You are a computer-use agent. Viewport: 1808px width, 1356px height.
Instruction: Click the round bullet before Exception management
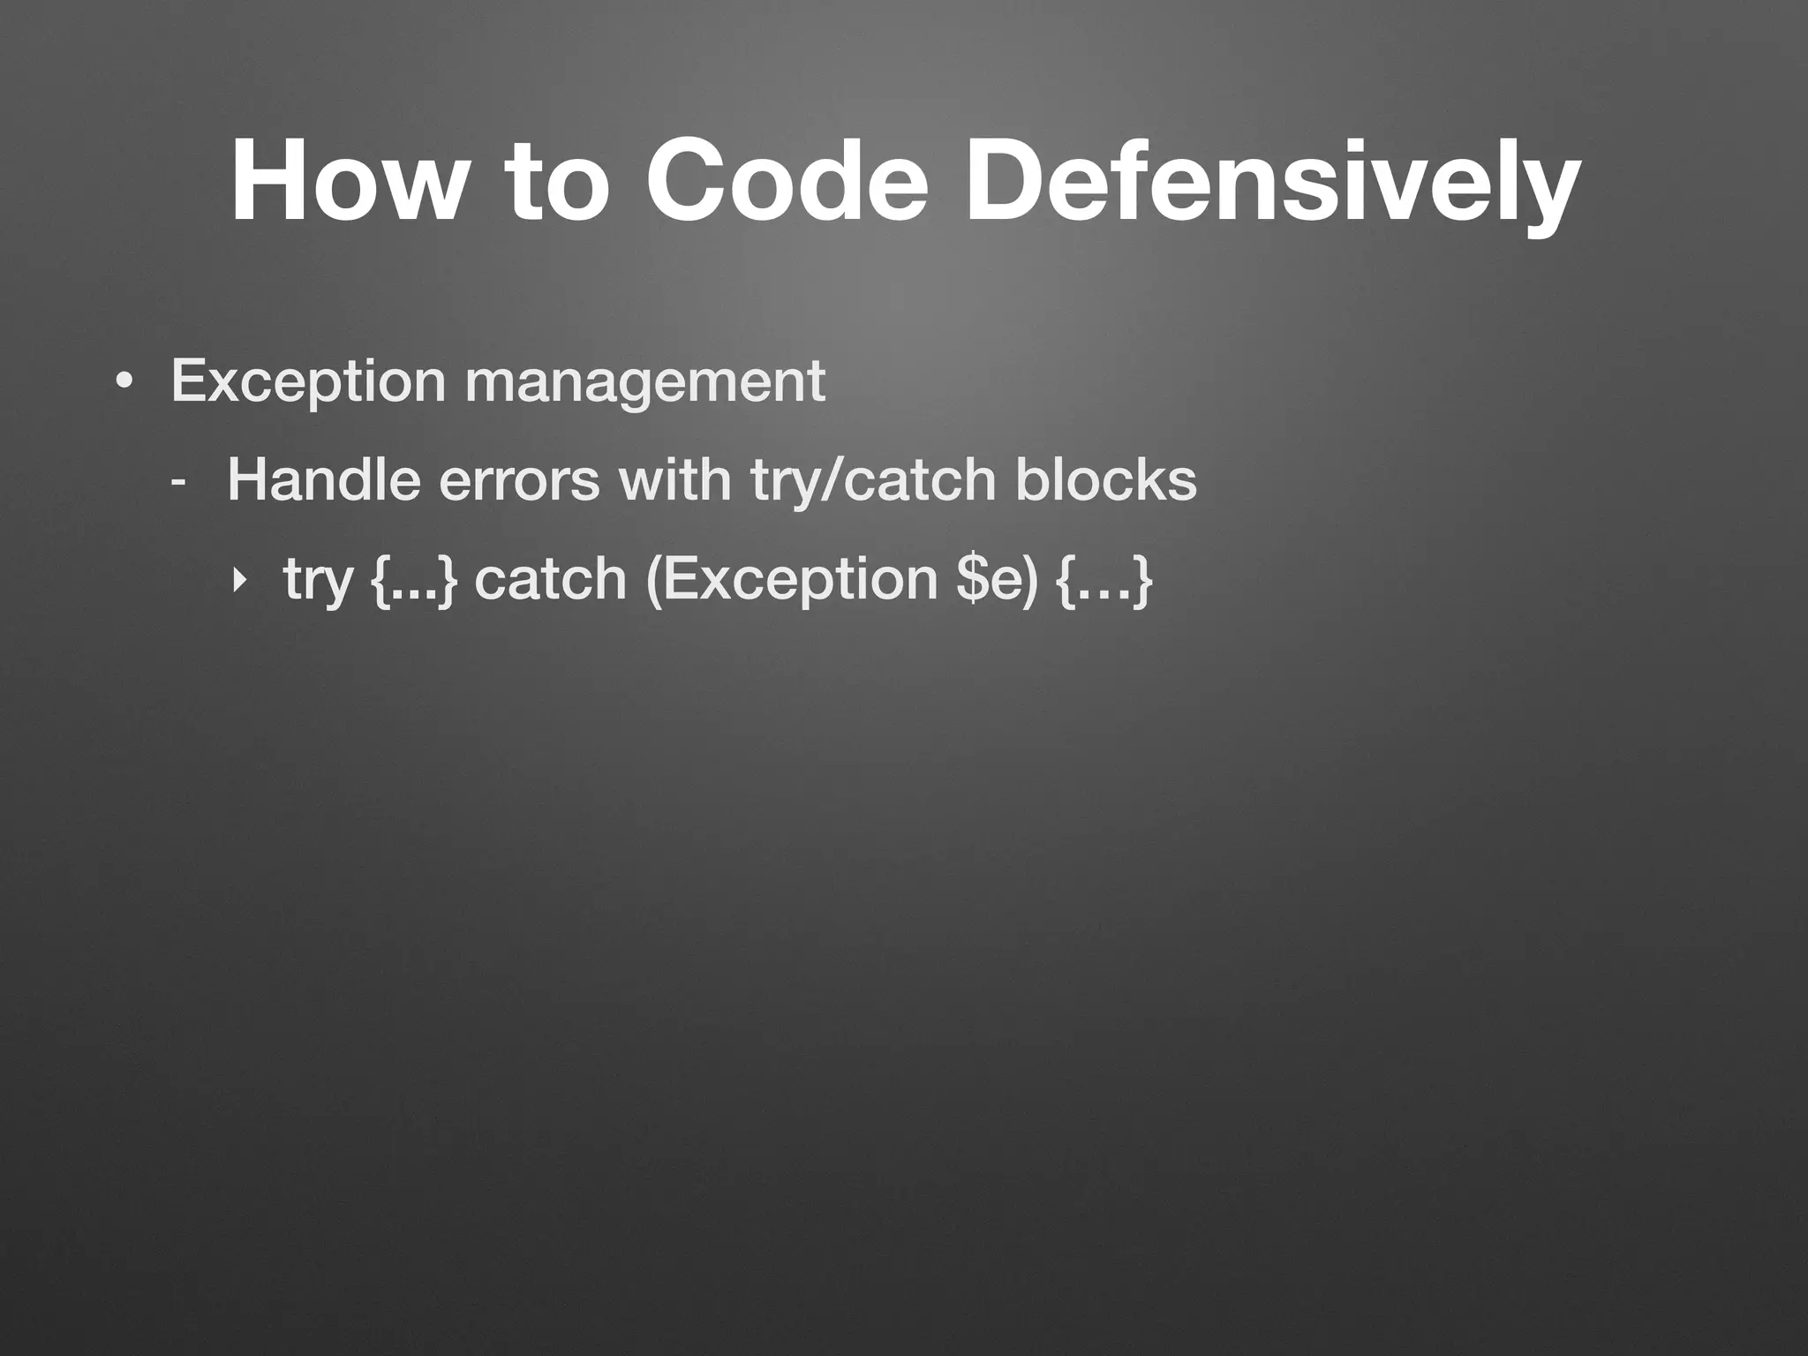pos(124,381)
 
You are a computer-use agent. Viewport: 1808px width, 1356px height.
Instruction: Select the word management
pos(644,381)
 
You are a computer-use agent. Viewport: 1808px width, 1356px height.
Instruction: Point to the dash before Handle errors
pos(179,483)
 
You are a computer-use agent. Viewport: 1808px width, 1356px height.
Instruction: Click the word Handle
pos(323,481)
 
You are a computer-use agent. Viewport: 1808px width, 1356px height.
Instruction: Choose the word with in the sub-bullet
pos(674,481)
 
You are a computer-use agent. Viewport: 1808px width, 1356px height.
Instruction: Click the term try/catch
pos(873,481)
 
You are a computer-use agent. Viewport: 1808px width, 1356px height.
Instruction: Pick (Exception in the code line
pos(791,580)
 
